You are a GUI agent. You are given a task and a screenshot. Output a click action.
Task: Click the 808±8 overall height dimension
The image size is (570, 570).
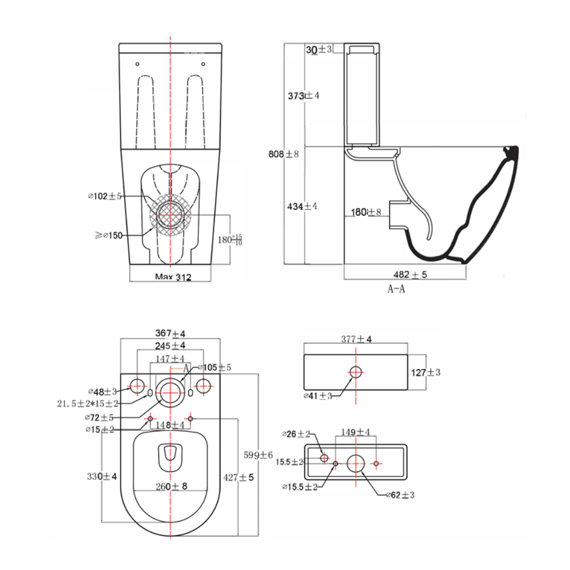click(284, 153)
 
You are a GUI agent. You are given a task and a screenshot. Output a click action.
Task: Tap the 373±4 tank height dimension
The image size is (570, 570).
click(304, 95)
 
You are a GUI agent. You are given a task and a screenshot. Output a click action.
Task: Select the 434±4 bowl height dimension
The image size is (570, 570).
click(302, 206)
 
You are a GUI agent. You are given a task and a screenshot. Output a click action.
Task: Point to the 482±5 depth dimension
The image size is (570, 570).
click(412, 275)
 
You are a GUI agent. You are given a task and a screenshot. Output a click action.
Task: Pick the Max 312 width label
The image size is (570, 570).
click(173, 277)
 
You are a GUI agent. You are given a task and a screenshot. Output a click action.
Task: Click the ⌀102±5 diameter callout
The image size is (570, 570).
click(105, 196)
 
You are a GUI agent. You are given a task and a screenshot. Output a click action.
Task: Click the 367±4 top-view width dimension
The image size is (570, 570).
click(170, 333)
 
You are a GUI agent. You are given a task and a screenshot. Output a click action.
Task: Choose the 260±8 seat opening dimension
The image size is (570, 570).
click(172, 486)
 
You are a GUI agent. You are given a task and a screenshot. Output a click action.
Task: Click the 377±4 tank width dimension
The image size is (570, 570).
click(356, 339)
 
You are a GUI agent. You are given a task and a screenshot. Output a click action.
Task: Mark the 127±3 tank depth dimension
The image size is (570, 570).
click(426, 372)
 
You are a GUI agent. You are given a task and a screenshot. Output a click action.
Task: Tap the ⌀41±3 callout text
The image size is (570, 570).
click(317, 396)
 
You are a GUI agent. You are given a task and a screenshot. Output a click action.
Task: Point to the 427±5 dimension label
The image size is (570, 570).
click(239, 477)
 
